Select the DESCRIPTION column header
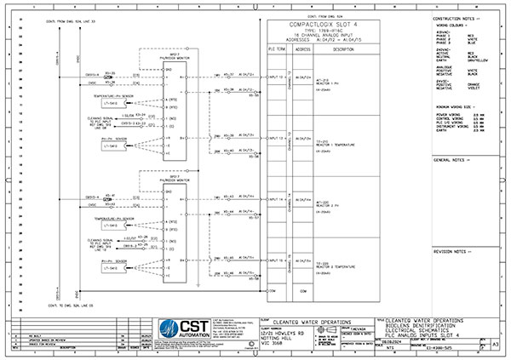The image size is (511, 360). tap(343, 49)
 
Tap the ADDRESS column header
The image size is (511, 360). tap(302, 49)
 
